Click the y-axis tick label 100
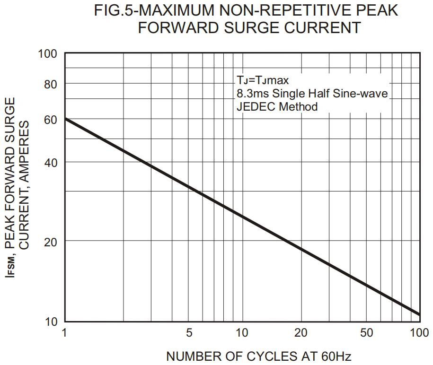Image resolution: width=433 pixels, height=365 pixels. pyautogui.click(x=47, y=54)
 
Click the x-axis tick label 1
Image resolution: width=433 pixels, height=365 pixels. pyautogui.click(x=65, y=333)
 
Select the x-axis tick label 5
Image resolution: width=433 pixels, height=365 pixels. pyautogui.click(x=189, y=333)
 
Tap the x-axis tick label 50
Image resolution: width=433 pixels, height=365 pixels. pyautogui.click(x=367, y=333)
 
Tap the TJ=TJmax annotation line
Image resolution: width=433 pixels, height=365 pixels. pyautogui.click(x=263, y=80)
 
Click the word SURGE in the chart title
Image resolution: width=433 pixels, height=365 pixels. pyautogui.click(x=239, y=27)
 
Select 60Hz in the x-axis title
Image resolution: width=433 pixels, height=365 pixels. pyautogui.click(x=336, y=356)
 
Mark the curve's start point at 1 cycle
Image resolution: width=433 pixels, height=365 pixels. pyautogui.click(x=65, y=118)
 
